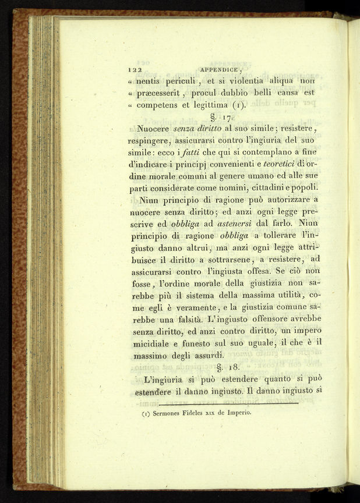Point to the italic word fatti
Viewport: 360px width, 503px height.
(x=190, y=167)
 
